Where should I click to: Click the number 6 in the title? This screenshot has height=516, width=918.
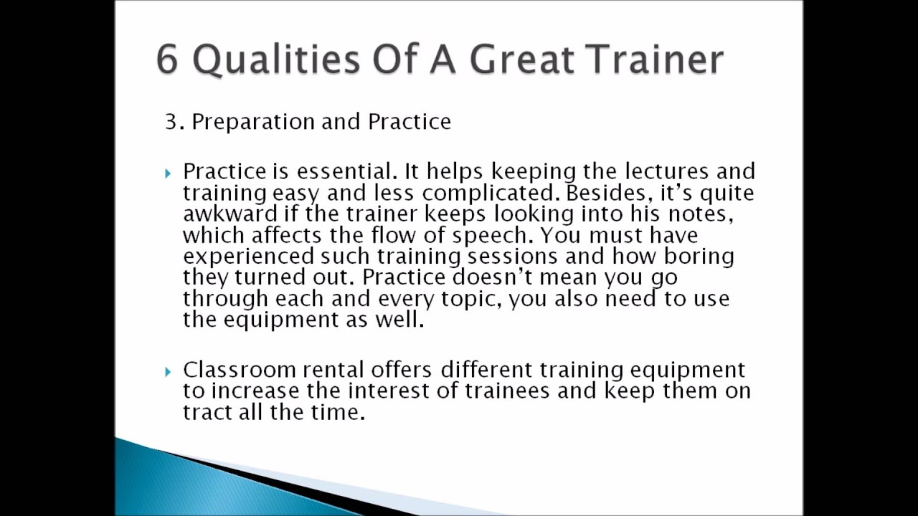pyautogui.click(x=166, y=59)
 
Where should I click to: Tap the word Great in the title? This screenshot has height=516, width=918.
pyautogui.click(x=521, y=59)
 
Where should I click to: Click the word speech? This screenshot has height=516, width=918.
pyautogui.click(x=498, y=236)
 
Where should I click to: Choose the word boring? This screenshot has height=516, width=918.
pyautogui.click(x=699, y=257)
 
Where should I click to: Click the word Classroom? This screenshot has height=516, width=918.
pyautogui.click(x=240, y=370)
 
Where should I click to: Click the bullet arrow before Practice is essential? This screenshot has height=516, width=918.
pyautogui.click(x=168, y=173)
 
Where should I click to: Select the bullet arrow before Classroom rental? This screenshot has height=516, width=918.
pyautogui.click(x=168, y=371)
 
